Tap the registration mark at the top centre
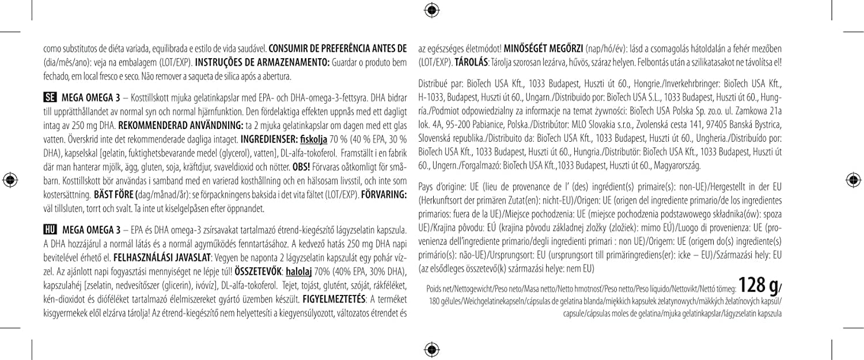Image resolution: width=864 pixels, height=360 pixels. (x=432, y=9)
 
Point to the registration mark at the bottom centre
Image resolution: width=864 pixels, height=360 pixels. (x=432, y=350)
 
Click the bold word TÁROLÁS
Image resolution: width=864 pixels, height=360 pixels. (x=472, y=62)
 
